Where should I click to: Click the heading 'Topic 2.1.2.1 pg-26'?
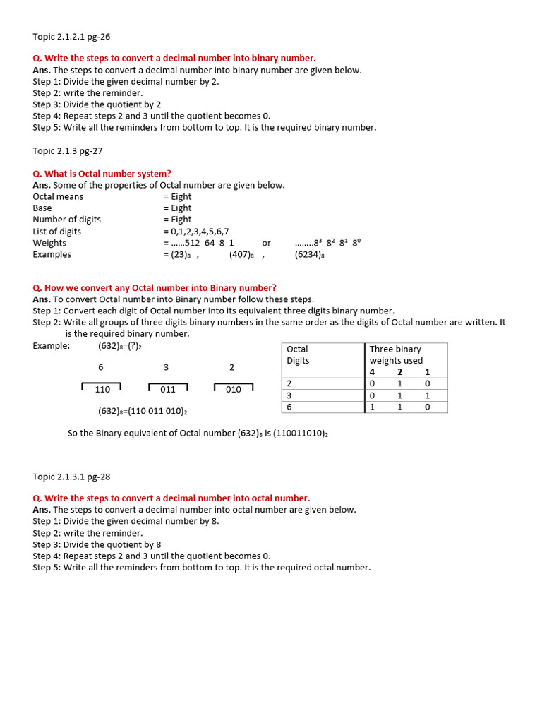coord(71,36)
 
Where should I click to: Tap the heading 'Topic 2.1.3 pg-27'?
coord(68,150)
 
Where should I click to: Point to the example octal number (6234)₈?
coord(309,254)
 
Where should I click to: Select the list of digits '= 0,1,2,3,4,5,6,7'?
coord(196,232)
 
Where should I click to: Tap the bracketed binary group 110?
coord(102,389)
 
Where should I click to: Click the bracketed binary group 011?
coord(168,389)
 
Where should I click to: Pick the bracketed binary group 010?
coord(234,389)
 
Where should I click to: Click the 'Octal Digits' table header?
coord(298,354)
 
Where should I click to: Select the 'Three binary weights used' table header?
coord(396,354)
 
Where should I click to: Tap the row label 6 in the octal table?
coord(289,407)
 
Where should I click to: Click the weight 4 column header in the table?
coord(373,372)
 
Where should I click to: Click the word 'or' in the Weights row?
coord(266,243)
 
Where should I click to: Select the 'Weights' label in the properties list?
coord(49,243)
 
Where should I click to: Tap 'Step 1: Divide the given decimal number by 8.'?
coord(126,521)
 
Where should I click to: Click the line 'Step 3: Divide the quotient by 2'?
coord(97,104)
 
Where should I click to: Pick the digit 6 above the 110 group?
coord(100,367)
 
